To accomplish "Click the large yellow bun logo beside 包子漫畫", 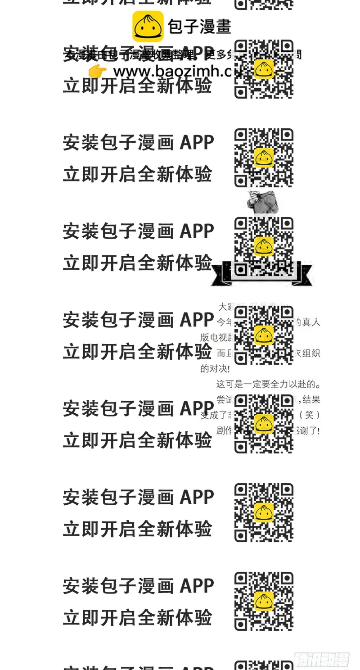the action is [148, 26].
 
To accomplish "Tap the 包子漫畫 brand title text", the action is [199, 26].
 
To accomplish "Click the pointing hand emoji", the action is [97, 71].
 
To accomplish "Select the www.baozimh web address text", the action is [171, 72].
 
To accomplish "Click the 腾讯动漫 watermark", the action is [322, 659].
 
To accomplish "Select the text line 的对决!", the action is [215, 369].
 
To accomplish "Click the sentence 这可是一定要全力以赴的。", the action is [269, 385].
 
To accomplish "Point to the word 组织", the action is [310, 353].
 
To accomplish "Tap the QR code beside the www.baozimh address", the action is [264, 69].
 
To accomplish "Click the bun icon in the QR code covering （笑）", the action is [264, 423].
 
